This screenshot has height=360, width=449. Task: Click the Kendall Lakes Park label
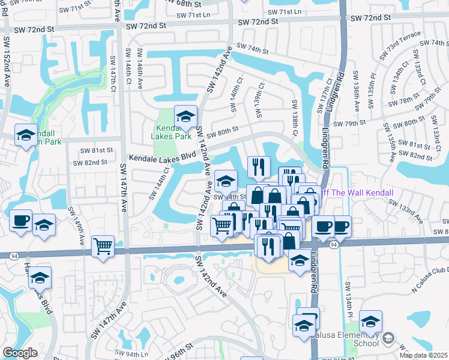click(x=173, y=132)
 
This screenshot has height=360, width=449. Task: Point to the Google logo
click(x=20, y=353)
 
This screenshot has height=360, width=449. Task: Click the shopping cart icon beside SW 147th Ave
click(x=103, y=245)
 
